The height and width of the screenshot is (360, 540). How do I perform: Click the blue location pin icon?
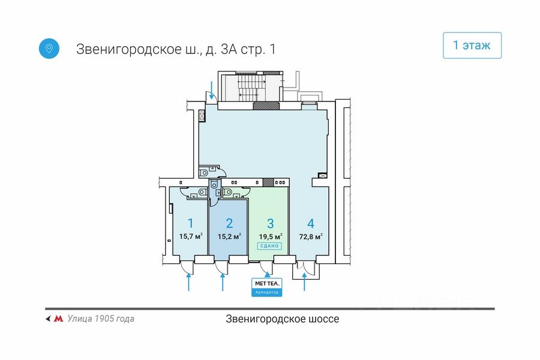click(49, 48)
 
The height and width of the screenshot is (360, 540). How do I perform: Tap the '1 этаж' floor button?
click(472, 46)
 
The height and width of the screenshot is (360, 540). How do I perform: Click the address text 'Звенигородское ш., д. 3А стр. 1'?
click(176, 49)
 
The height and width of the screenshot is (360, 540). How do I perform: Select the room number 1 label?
click(190, 224)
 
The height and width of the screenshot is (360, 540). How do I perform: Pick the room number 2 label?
click(229, 224)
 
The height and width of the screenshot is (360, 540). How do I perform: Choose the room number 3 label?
click(270, 224)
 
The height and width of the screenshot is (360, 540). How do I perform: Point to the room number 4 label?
click(310, 224)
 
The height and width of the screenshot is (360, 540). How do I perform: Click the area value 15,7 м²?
click(191, 236)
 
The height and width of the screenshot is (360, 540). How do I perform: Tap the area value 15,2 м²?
click(230, 236)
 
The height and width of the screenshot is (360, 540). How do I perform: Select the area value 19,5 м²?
click(271, 236)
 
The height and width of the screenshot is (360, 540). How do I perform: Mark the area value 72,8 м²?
click(311, 236)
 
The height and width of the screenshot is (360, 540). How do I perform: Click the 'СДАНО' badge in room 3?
click(270, 246)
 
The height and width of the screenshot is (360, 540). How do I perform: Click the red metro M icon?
click(59, 319)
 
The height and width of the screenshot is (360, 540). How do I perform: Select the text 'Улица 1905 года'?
click(101, 319)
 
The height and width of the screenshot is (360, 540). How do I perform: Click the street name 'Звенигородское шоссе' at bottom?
click(282, 319)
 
